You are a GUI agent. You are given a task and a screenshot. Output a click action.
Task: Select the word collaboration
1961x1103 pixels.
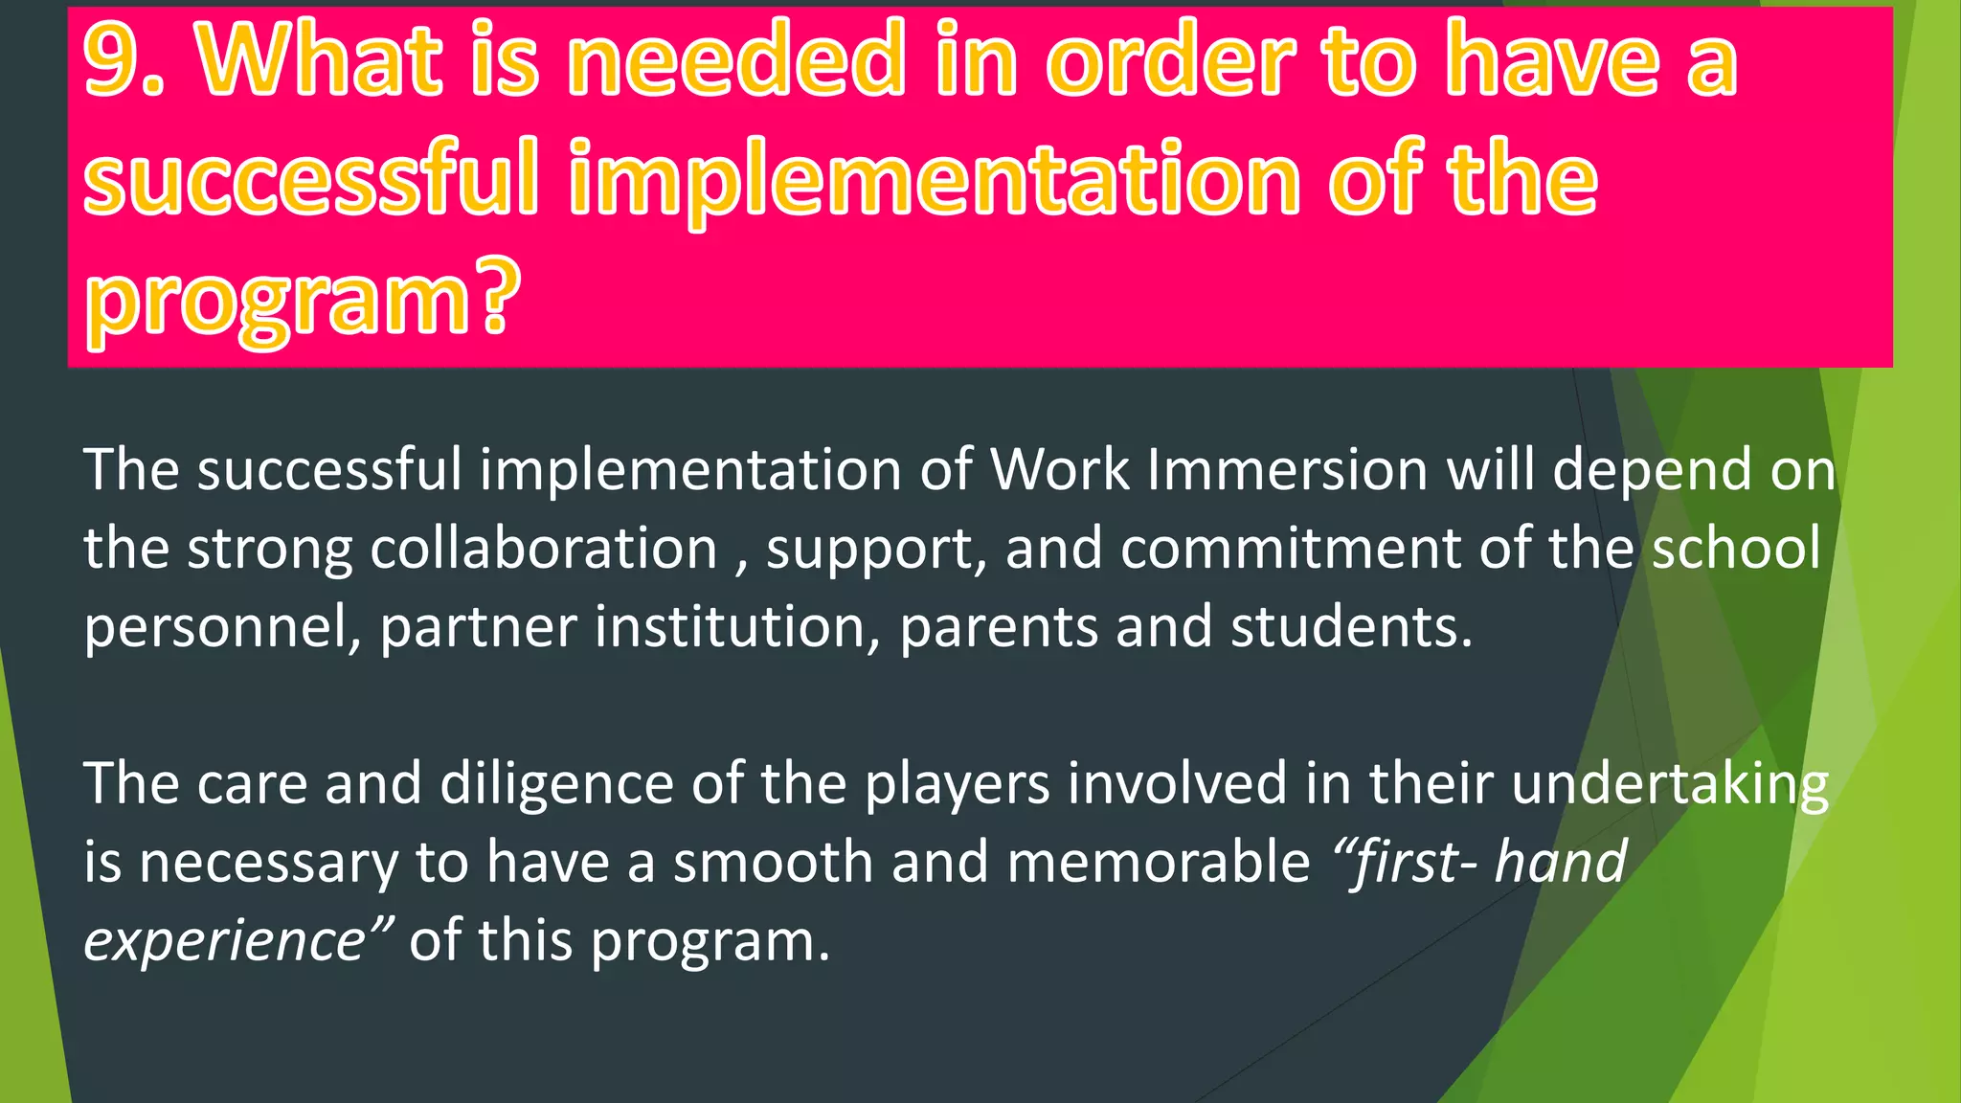pos(543,549)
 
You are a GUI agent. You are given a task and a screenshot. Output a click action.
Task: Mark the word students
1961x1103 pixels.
pos(1350,627)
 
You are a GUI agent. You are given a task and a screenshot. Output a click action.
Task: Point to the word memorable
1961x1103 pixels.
pos(1158,862)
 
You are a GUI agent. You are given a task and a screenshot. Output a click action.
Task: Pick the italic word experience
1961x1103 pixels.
pos(226,941)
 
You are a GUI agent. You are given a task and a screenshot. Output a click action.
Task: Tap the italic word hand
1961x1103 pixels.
pos(1560,862)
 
